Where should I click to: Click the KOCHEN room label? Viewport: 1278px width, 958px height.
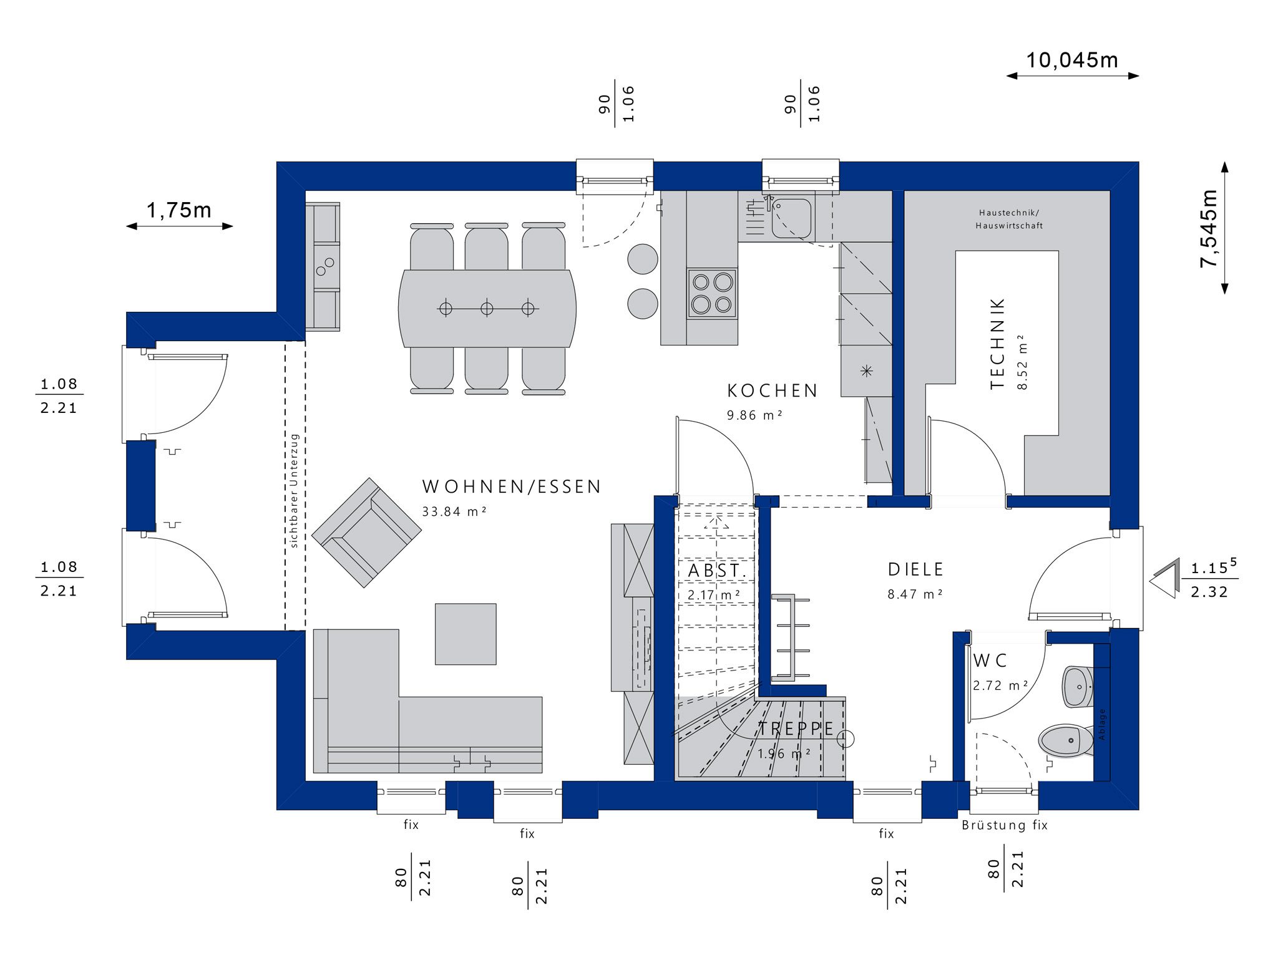coord(773,391)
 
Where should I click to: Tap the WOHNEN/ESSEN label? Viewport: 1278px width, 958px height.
coord(512,486)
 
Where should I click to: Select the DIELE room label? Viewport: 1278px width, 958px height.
coord(916,569)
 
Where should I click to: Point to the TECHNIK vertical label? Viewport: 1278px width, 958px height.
coord(998,344)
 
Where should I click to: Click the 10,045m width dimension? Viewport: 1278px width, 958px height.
coord(1072,60)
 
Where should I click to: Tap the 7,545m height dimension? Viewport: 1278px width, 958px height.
coord(1209,228)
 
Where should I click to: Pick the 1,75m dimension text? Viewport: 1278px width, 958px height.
coord(179,210)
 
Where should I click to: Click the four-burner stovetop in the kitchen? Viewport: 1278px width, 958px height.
coord(712,294)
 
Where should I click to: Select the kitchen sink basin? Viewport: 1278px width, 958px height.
coord(792,218)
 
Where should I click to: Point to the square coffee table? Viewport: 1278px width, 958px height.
coord(466,634)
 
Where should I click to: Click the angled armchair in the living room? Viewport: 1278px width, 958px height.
coord(366,532)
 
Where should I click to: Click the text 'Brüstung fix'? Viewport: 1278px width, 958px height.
coord(1005,825)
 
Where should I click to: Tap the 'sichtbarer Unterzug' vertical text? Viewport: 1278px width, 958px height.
coord(295,491)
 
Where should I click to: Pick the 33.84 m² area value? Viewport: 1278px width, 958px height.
coord(454,511)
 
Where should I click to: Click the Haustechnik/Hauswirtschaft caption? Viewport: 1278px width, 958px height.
coord(1009,219)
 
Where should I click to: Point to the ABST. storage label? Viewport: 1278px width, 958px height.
coord(717,571)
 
